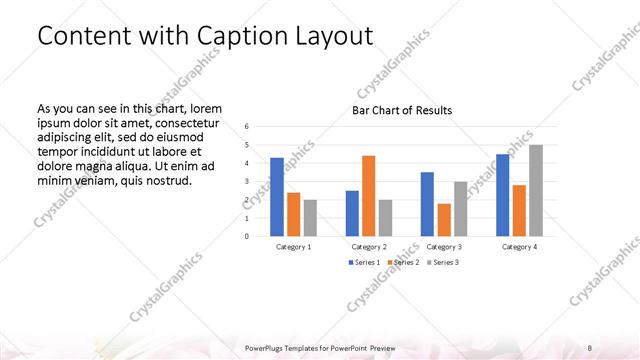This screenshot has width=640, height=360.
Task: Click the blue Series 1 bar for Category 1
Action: click(277, 196)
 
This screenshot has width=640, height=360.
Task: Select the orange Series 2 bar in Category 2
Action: click(368, 195)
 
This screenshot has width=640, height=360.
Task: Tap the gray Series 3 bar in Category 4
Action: click(536, 190)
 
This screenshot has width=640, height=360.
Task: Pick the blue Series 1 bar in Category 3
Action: click(427, 204)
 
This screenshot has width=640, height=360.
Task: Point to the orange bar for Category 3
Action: click(444, 219)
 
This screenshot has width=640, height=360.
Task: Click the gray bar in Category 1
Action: click(310, 217)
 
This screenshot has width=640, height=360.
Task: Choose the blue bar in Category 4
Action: click(503, 194)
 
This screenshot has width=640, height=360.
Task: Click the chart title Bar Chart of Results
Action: click(402, 110)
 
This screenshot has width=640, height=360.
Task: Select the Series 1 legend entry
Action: click(364, 262)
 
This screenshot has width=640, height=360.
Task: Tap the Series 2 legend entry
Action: click(402, 262)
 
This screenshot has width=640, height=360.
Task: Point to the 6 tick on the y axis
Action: click(248, 126)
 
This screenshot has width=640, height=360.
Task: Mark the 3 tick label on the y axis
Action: click(248, 181)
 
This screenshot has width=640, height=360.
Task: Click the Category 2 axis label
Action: click(369, 246)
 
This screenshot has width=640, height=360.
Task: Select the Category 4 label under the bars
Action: click(520, 246)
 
